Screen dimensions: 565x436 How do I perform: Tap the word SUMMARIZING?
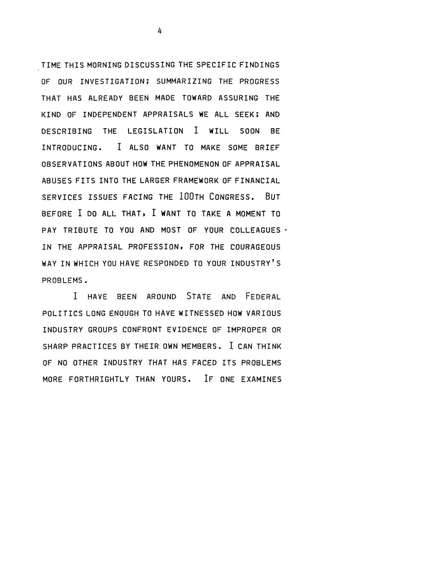pyautogui.click(x=184, y=81)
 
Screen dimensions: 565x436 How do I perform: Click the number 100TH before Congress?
pyautogui.click(x=192, y=197)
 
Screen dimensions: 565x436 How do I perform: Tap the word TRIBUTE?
pyautogui.click(x=80, y=231)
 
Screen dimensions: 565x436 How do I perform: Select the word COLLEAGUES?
pyautogui.click(x=255, y=231)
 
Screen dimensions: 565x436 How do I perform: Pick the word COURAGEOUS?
pyautogui.click(x=255, y=247)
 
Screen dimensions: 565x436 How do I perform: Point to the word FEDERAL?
pyautogui.click(x=263, y=297)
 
